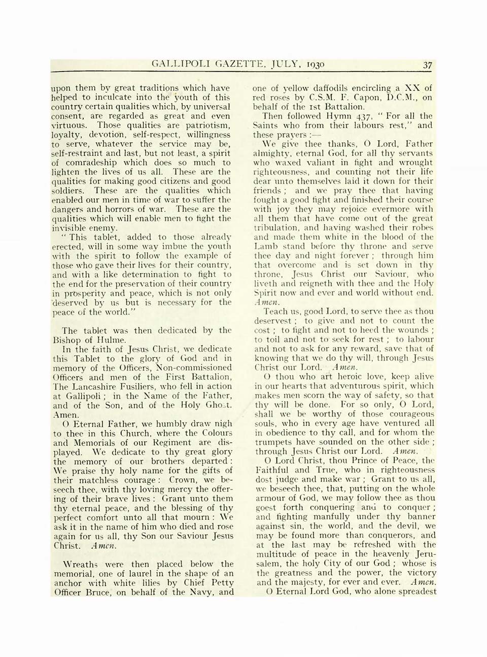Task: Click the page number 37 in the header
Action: (427, 65)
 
